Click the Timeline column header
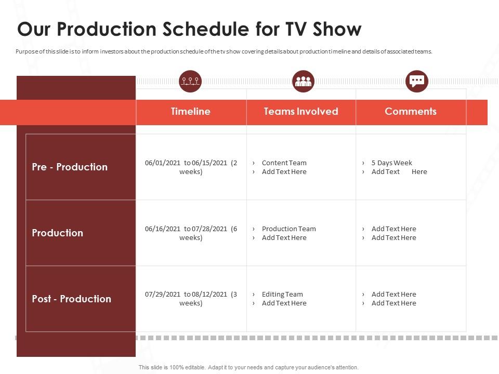[x=191, y=112]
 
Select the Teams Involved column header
[x=301, y=112]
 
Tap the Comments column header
[x=411, y=112]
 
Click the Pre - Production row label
[x=70, y=167]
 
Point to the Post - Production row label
[x=71, y=299]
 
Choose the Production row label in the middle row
[x=57, y=233]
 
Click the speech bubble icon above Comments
[x=417, y=81]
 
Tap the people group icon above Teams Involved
[x=303, y=81]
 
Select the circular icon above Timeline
[x=190, y=81]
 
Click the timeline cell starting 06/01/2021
[x=191, y=167]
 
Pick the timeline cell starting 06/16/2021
[x=191, y=233]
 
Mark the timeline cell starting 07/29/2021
[x=191, y=298]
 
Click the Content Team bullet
[x=284, y=163]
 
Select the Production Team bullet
[x=288, y=229]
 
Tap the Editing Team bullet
[x=282, y=294]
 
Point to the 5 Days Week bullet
[x=391, y=163]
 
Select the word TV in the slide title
[x=295, y=29]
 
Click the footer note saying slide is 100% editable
[x=248, y=367]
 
